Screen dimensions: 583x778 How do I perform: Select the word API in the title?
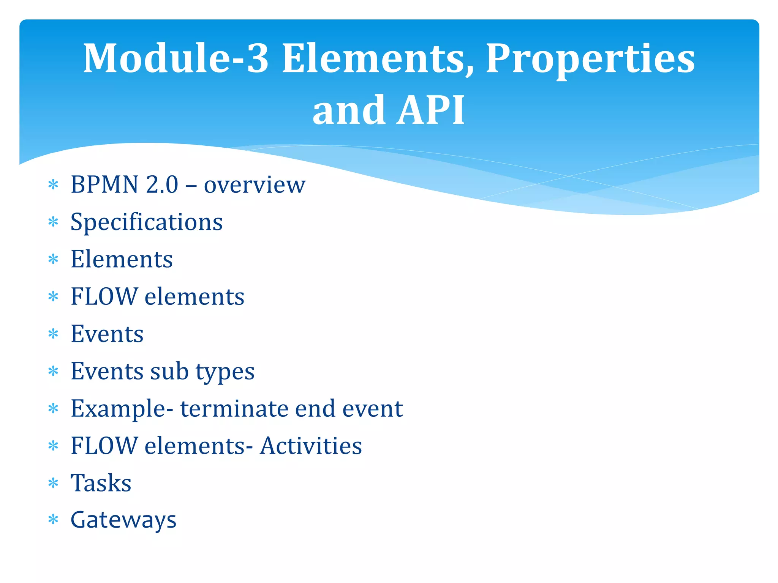pyautogui.click(x=430, y=110)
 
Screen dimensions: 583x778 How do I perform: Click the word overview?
pyautogui.click(x=255, y=185)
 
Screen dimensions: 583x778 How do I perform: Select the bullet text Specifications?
pyautogui.click(x=147, y=222)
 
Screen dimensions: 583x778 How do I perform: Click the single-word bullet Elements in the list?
pyautogui.click(x=122, y=259)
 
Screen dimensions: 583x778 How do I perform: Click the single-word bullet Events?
pyautogui.click(x=107, y=334)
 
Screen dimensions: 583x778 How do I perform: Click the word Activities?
pyautogui.click(x=311, y=446)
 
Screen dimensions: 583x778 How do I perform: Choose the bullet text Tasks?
pyautogui.click(x=101, y=483)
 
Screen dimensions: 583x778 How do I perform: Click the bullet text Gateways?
pyautogui.click(x=123, y=520)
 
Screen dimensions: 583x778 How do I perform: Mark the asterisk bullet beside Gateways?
pyautogui.click(x=53, y=519)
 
